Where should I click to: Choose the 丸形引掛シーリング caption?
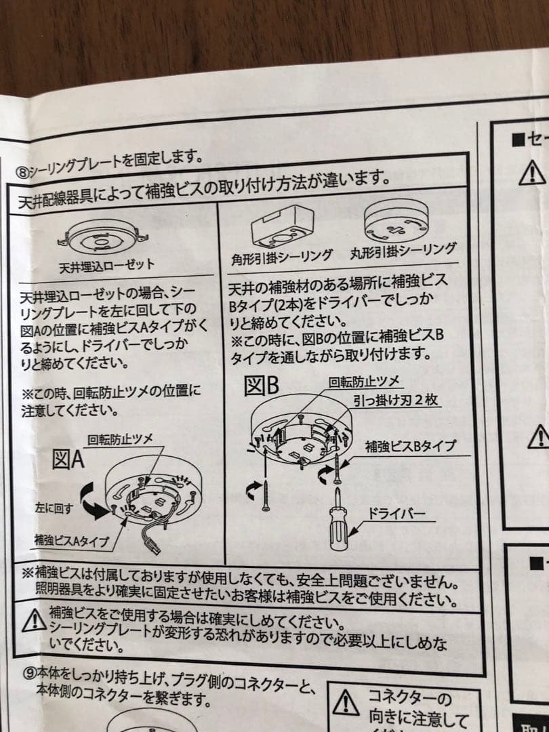coord(403,250)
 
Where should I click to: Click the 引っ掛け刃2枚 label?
coord(396,400)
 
